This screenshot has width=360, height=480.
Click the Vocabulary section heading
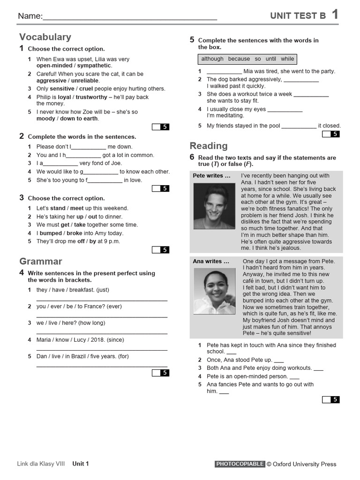click(45, 37)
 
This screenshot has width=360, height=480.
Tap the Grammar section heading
click(41, 261)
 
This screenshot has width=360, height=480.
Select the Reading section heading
click(209, 146)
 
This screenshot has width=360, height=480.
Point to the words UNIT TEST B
click(298, 16)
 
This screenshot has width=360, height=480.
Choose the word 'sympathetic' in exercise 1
click(94, 66)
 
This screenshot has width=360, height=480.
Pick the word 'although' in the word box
click(212, 59)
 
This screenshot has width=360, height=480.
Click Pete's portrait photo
click(214, 206)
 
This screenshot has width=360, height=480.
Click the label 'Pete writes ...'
click(212, 176)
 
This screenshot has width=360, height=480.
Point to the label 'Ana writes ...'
click(211, 261)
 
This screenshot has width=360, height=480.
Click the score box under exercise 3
click(160, 250)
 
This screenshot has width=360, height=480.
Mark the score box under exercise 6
click(330, 399)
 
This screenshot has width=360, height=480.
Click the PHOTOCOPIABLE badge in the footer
click(240, 464)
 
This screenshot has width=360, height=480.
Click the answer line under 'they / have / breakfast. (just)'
click(102, 300)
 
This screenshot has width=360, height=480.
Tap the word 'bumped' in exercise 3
click(51, 233)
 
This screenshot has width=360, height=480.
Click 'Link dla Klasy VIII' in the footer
click(41, 464)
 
